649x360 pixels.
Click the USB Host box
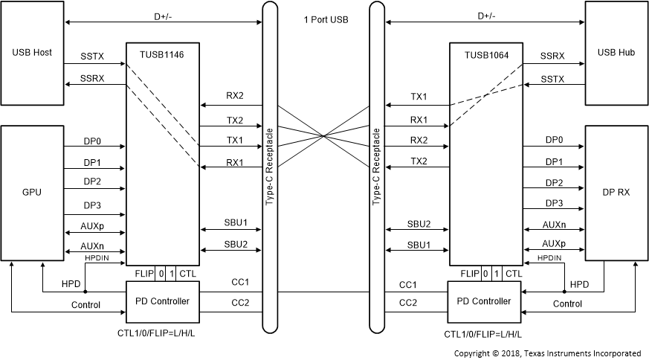[x=33, y=53]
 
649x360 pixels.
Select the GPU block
[x=33, y=192]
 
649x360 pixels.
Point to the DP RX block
[x=616, y=192]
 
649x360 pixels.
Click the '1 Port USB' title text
[x=323, y=19]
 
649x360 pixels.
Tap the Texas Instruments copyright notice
[x=547, y=353]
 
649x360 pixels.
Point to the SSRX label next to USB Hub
[x=552, y=56]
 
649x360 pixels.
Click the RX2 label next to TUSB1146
[x=235, y=96]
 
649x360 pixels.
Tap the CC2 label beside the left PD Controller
[x=240, y=303]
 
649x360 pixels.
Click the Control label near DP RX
[x=568, y=304]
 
